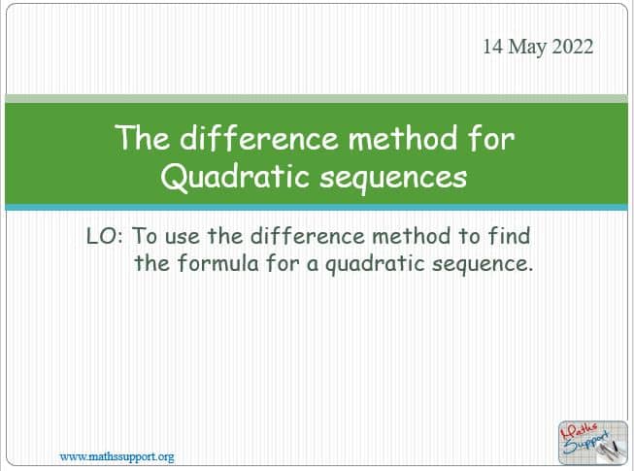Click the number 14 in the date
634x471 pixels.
(493, 46)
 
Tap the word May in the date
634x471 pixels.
(527, 48)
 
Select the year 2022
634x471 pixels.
(573, 46)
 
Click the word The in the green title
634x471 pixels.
(142, 138)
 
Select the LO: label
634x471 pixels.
(104, 236)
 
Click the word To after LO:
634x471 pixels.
(146, 236)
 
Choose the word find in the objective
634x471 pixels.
(509, 236)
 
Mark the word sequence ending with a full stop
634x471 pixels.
(483, 265)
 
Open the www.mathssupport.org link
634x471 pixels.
(117, 456)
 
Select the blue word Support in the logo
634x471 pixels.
(586, 443)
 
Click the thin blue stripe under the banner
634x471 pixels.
(317, 208)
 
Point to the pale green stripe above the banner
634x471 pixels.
(317, 99)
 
